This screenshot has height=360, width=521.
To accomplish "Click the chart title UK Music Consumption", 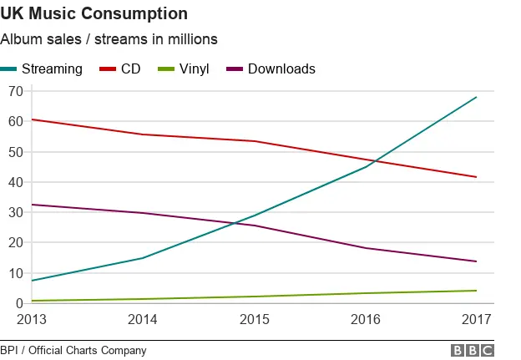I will coord(94,14).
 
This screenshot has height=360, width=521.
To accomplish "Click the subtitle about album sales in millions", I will coord(109,39).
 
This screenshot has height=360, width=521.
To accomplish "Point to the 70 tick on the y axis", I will coord(13,91).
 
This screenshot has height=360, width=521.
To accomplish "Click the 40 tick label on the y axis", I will coord(13,182).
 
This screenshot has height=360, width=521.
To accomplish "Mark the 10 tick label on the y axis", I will coord(13,273).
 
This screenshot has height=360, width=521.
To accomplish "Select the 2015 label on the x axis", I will coord(254,319).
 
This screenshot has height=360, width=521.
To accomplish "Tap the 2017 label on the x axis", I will coord(476,319).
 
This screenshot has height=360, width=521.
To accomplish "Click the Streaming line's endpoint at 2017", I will coord(477,97).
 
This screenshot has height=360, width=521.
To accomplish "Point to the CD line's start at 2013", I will coord(32,119).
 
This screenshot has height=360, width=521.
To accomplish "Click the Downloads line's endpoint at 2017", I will coord(477,261).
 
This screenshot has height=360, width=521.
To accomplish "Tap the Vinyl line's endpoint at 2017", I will coord(477,291).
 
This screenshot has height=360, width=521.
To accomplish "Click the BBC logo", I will coord(473,351).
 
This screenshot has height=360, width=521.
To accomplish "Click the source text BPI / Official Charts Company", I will coord(73,351).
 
